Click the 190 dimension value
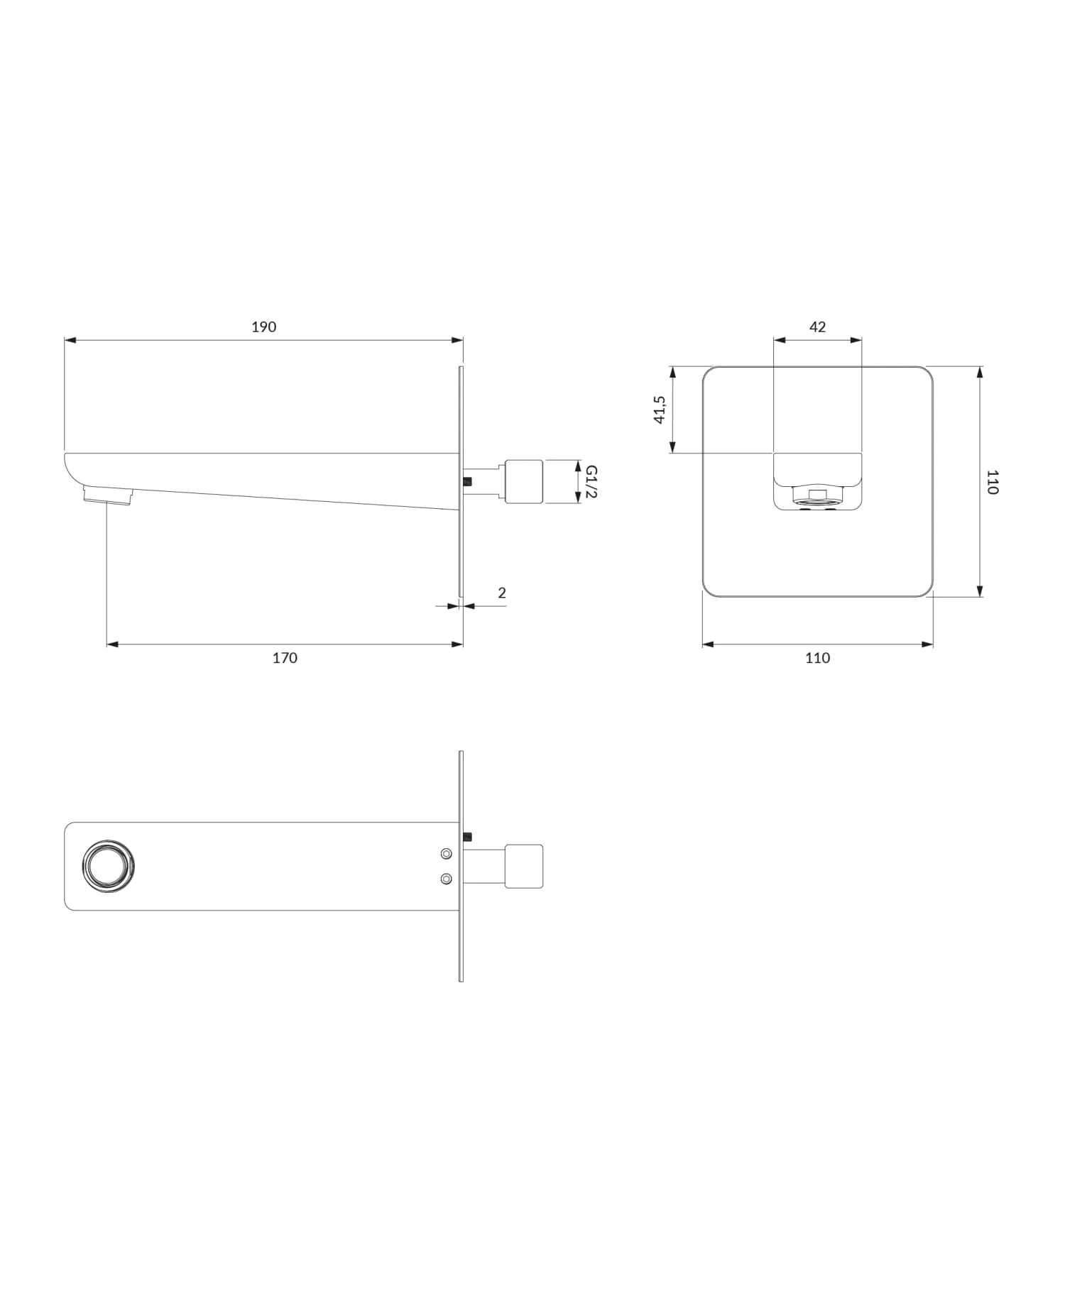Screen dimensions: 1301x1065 (x=263, y=327)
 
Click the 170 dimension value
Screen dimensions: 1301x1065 (x=285, y=658)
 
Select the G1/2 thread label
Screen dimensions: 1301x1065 (x=591, y=482)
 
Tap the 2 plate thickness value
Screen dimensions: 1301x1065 (x=502, y=593)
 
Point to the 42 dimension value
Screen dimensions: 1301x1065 (x=817, y=327)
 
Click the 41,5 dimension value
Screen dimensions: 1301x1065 (x=660, y=410)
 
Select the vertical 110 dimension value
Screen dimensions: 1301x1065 (x=993, y=482)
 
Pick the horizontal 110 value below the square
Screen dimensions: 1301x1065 (x=817, y=658)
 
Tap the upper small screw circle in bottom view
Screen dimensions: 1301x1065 (x=446, y=853)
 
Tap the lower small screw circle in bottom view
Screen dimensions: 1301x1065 (x=446, y=879)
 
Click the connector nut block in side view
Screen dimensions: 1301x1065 (x=523, y=482)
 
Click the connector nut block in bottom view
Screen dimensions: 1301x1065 (x=523, y=866)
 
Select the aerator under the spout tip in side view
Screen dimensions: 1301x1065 (x=108, y=495)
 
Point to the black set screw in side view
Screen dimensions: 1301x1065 (x=467, y=481)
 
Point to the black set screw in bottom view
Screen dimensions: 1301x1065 (x=467, y=836)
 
